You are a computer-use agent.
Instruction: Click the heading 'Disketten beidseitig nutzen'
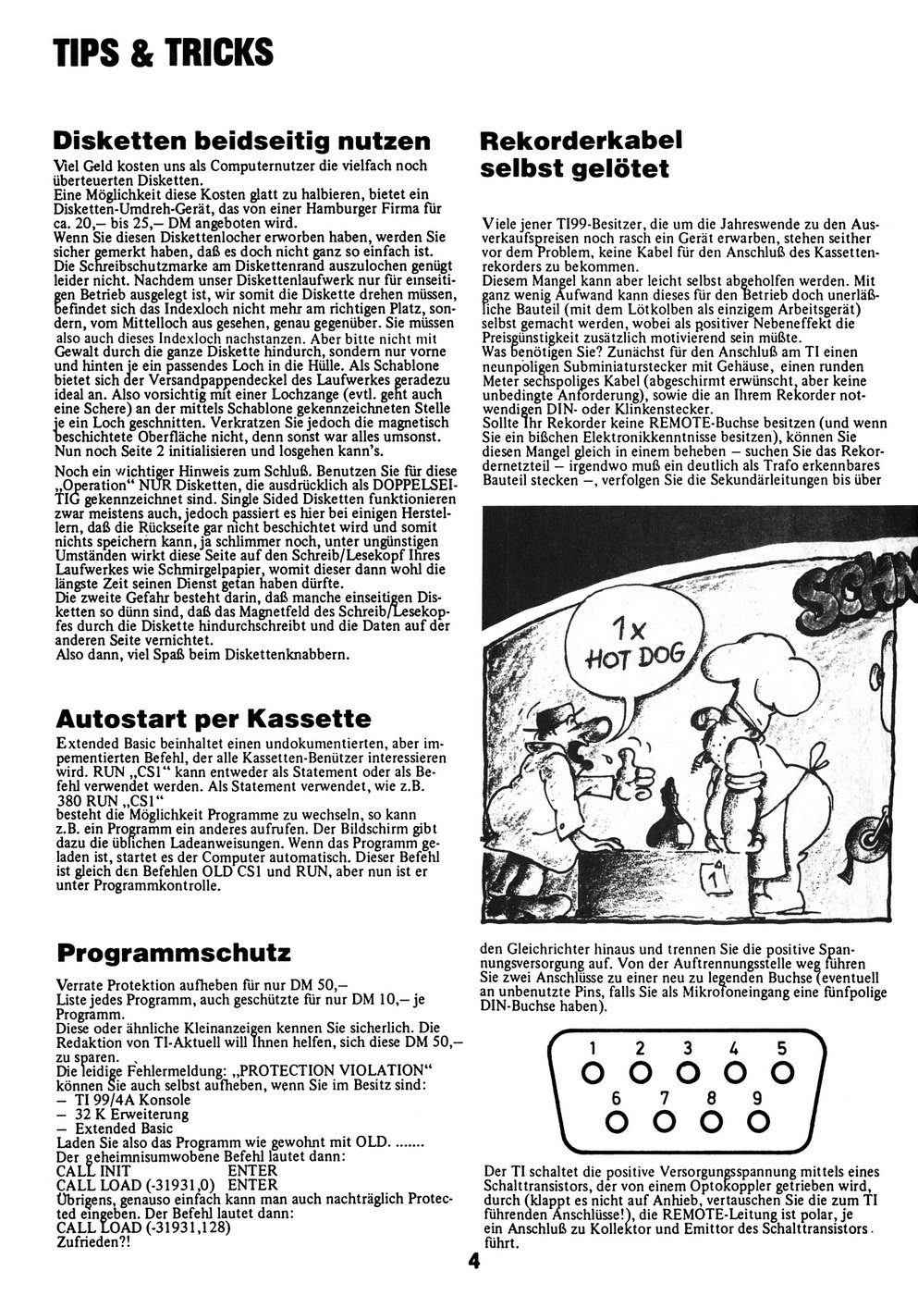click(243, 141)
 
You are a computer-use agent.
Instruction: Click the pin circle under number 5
click(782, 1073)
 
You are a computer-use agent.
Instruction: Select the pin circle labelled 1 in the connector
click(591, 1073)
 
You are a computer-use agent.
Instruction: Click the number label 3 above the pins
click(687, 1048)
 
